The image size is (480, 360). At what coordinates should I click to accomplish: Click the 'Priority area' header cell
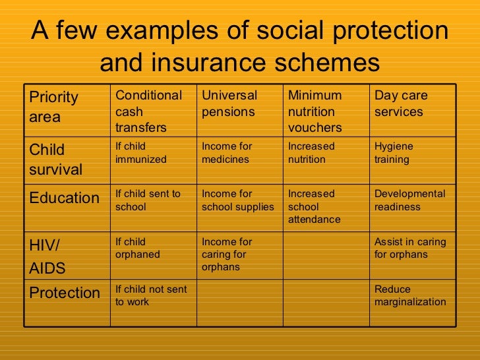click(x=54, y=107)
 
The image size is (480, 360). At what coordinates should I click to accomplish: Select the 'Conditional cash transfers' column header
click(x=148, y=111)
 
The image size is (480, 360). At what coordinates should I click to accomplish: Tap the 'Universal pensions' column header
click(x=229, y=104)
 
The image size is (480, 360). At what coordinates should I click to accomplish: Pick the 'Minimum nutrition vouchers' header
click(x=315, y=111)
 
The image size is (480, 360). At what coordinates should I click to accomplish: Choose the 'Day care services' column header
click(x=401, y=104)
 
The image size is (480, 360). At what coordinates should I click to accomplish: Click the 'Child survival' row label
click(x=56, y=160)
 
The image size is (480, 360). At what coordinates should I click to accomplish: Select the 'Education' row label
click(x=65, y=198)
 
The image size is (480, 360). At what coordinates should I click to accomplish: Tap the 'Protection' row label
click(x=65, y=293)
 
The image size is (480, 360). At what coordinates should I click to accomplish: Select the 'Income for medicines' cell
click(x=227, y=153)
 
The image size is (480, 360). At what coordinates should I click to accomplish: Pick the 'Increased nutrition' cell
click(x=311, y=153)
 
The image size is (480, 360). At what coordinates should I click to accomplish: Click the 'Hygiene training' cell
click(x=394, y=153)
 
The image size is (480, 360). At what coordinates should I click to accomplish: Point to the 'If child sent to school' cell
click(x=148, y=200)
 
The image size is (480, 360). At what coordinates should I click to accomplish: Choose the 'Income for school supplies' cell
click(x=237, y=200)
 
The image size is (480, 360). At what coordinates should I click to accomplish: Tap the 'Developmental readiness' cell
click(x=409, y=200)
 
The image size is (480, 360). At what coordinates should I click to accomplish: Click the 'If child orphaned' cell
click(x=138, y=248)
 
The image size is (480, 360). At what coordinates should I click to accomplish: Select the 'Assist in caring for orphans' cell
click(x=410, y=248)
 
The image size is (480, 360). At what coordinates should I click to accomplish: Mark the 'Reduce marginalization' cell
click(x=410, y=295)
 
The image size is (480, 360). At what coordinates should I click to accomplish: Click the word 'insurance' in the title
click(x=217, y=63)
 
